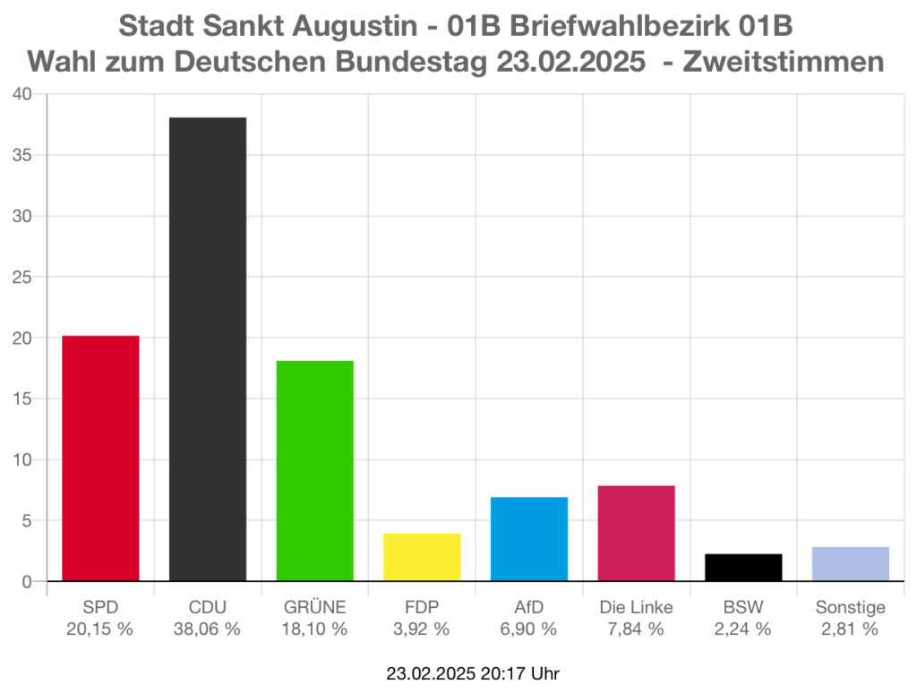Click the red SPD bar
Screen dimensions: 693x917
tap(100, 458)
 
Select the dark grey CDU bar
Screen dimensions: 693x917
tap(208, 349)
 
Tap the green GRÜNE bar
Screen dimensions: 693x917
tap(314, 470)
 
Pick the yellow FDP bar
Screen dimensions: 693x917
tap(422, 557)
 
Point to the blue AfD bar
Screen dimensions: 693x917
tap(529, 539)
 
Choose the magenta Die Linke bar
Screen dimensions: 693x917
tap(636, 533)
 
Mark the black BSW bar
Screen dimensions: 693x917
tap(743, 568)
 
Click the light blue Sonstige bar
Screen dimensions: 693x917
tap(851, 564)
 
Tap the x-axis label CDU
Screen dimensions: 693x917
tap(207, 607)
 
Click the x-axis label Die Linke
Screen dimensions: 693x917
tap(636, 607)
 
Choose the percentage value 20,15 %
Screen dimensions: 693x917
tap(99, 629)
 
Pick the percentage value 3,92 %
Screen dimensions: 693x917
tap(422, 629)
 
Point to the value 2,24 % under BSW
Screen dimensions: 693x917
tap(743, 629)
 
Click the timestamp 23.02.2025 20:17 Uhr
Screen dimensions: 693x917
tap(473, 672)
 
